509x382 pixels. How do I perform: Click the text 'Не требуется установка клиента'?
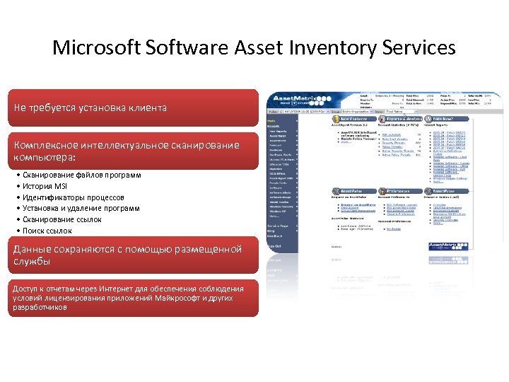click(x=90, y=108)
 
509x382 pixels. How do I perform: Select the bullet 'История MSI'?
click(x=45, y=186)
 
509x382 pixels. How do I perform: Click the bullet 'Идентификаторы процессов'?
click(x=73, y=197)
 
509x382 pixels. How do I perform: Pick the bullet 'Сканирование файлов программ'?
click(x=81, y=175)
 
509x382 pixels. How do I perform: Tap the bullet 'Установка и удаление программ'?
click(x=81, y=209)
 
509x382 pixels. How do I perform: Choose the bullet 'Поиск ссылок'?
click(x=47, y=231)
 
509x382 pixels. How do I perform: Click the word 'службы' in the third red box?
click(x=31, y=261)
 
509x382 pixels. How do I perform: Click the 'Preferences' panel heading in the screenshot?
click(x=400, y=191)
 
